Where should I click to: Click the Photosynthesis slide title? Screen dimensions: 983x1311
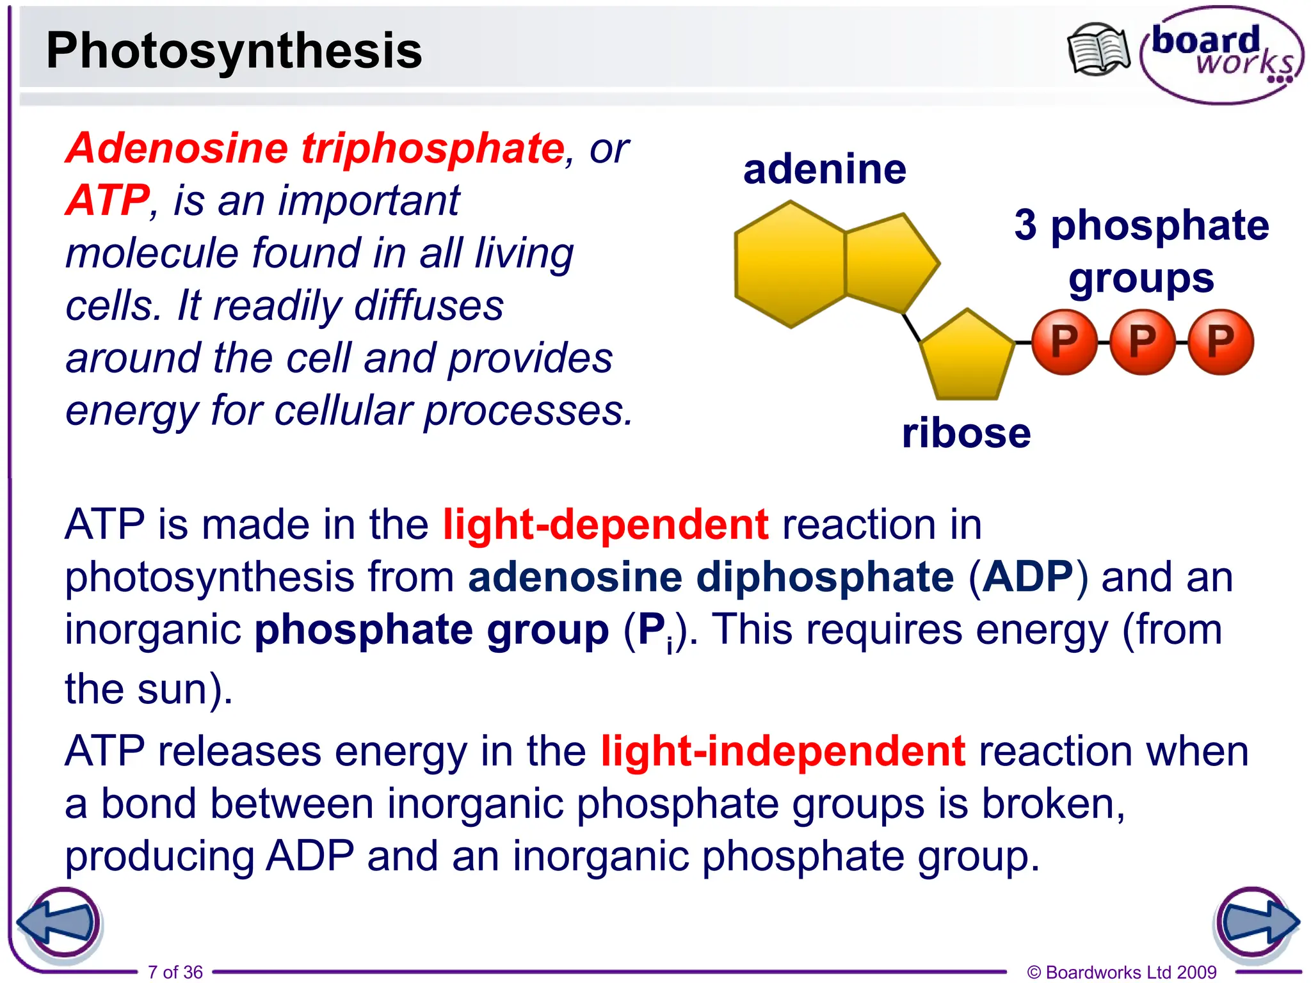pyautogui.click(x=234, y=51)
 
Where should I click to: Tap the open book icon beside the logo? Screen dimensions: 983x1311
pyautogui.click(x=1098, y=49)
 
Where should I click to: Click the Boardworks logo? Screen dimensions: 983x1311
pyautogui.click(x=1221, y=55)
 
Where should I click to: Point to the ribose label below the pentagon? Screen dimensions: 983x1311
pyautogui.click(x=966, y=433)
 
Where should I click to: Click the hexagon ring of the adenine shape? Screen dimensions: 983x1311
pyautogui.click(x=791, y=264)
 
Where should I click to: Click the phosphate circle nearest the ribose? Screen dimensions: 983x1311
pyautogui.click(x=1064, y=342)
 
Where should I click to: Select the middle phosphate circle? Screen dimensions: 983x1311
pyautogui.click(x=1142, y=342)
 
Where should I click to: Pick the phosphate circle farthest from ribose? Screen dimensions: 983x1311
pyautogui.click(x=1220, y=342)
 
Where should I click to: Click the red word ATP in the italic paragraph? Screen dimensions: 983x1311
pyautogui.click(x=108, y=200)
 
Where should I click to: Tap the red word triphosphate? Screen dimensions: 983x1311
pyautogui.click(x=433, y=148)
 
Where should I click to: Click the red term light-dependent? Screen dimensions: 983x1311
pyautogui.click(x=605, y=525)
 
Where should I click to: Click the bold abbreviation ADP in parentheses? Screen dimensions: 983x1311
pyautogui.click(x=1027, y=577)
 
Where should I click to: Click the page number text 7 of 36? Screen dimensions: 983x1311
pyautogui.click(x=175, y=972)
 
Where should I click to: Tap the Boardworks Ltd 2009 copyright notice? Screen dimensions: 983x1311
pyautogui.click(x=1122, y=972)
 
